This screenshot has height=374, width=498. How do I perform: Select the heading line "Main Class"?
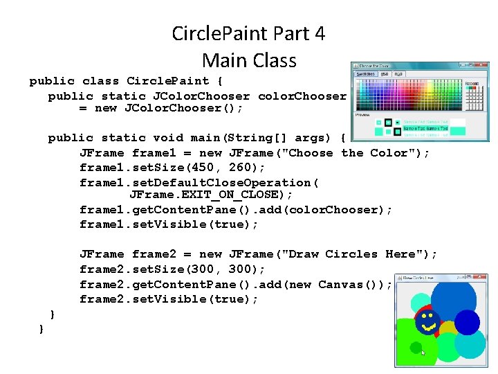pos(249,60)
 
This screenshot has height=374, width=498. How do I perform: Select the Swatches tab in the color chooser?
pos(365,74)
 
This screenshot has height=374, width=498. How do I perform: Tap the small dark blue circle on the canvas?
pos(467,322)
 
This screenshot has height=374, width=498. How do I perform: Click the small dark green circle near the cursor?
pos(416,347)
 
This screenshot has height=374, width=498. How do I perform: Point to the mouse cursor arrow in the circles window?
pos(423,353)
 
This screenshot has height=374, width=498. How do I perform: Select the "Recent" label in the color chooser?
pos(472,83)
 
